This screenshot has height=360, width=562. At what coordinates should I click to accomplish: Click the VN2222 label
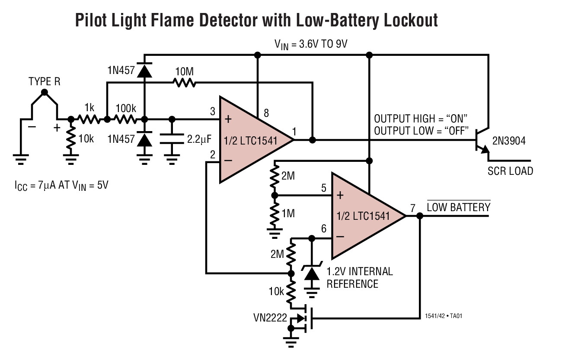pyautogui.click(x=268, y=318)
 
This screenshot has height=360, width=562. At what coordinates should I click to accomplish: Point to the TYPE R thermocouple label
pyautogui.click(x=44, y=82)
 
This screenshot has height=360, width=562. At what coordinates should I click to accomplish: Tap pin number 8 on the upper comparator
pyautogui.click(x=266, y=114)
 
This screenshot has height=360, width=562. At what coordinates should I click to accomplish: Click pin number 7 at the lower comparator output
pyautogui.click(x=413, y=208)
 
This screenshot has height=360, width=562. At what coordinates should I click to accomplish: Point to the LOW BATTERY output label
pyautogui.click(x=458, y=207)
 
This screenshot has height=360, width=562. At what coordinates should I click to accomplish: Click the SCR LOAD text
pyautogui.click(x=510, y=170)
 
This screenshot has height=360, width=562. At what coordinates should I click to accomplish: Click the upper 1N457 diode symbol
pyautogui.click(x=144, y=71)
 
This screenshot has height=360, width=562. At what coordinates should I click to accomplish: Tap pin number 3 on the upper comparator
pyautogui.click(x=213, y=112)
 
